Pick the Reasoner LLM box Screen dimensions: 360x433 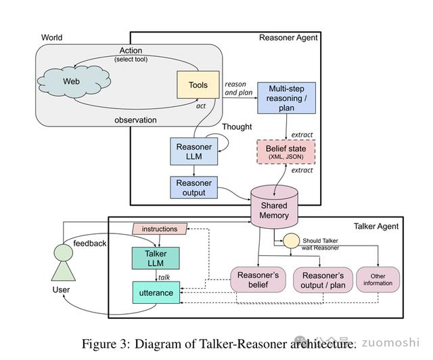point(194,152)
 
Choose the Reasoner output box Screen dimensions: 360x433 point(194,187)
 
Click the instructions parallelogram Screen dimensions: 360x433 point(160,229)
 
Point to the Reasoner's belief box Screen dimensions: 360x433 point(258,280)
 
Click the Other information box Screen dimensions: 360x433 point(378,279)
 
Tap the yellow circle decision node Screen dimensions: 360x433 point(291,242)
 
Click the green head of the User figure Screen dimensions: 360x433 point(62,253)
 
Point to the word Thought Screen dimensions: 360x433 point(237,127)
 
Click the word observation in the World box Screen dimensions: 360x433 point(135,120)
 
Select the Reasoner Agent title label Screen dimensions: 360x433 point(288,38)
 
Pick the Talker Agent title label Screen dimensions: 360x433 point(376,226)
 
